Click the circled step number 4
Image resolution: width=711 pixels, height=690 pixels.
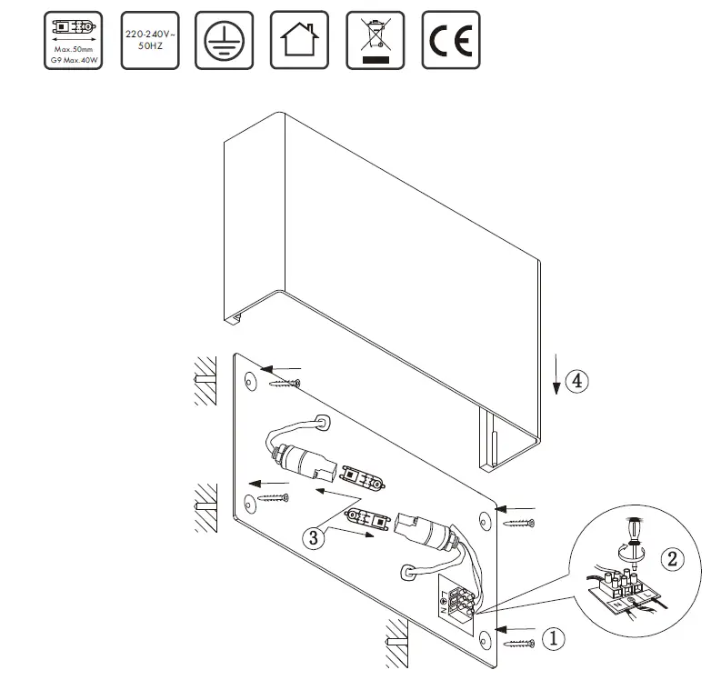click(576, 381)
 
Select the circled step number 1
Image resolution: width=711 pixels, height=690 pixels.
click(554, 639)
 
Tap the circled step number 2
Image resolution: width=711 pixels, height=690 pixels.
click(673, 559)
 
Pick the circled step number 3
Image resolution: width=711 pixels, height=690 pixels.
click(314, 537)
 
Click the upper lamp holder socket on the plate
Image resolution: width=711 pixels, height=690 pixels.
click(299, 458)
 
